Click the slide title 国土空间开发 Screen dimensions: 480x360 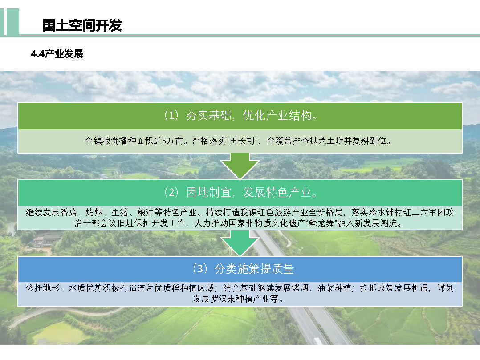(x=82, y=25)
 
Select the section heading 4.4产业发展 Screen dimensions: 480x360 (x=57, y=54)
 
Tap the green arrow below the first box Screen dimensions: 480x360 (x=240, y=166)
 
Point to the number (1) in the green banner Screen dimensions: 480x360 (x=171, y=115)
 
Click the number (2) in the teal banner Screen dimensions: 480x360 (x=171, y=192)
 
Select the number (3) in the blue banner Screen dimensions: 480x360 (x=200, y=268)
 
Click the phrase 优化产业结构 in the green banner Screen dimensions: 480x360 (x=277, y=115)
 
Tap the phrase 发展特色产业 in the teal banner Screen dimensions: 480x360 (x=277, y=192)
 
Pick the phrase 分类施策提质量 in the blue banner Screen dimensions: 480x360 (x=254, y=268)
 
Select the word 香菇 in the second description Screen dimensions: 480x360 (x=69, y=212)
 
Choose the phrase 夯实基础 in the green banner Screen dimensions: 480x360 (x=208, y=115)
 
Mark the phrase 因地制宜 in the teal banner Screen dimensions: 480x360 (x=208, y=192)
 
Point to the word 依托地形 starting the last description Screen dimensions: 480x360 (x=43, y=288)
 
